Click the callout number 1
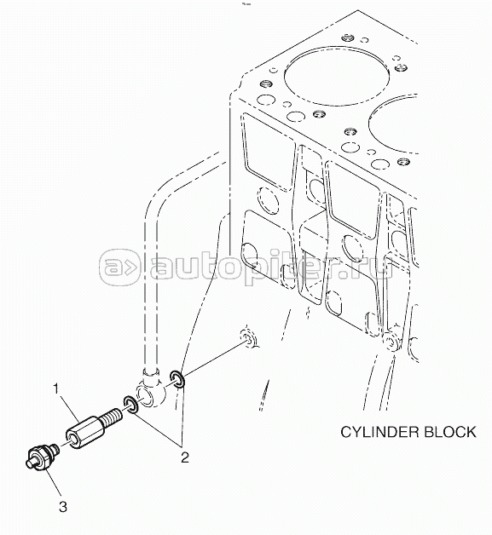pos(56,388)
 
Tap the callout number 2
pos(185,457)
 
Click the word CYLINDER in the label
pos(379,432)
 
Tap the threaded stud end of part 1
pos(111,416)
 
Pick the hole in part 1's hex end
pos(72,440)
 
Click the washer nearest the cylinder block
pos(177,379)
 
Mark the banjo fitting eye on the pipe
pos(150,394)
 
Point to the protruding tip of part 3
pos(30,463)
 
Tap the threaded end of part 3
pos(55,449)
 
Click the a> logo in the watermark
pos(119,267)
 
